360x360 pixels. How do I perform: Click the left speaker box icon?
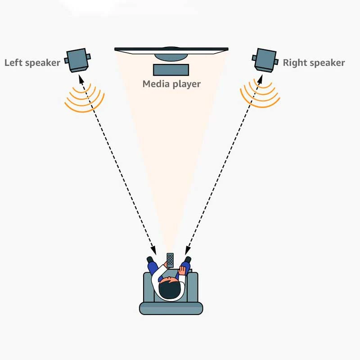tap(77, 60)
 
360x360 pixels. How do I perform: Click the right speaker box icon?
tap(265, 60)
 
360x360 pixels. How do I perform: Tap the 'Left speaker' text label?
tap(32, 63)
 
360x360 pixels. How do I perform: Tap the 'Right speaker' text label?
tap(314, 63)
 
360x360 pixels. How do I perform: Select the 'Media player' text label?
tap(171, 84)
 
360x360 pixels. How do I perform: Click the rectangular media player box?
tap(171, 70)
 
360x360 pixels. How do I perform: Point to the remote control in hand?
tap(170, 261)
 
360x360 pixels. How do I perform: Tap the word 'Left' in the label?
tap(13, 63)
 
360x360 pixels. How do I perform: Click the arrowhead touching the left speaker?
tap(81, 80)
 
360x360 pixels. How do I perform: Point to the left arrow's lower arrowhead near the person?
tap(153, 250)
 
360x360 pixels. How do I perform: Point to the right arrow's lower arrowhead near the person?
tap(188, 250)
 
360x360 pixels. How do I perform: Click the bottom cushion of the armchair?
tap(171, 308)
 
